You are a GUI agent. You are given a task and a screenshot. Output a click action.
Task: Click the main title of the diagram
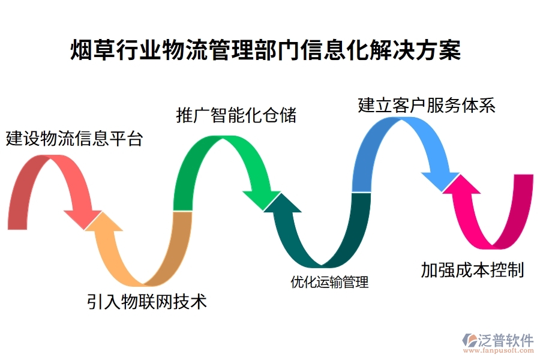pos(266,50)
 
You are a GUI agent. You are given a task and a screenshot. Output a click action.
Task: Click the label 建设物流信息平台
pos(74,139)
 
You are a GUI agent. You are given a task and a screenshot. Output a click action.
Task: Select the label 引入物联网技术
pos(147,301)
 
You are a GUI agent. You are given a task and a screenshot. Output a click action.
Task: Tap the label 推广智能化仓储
pos(236,115)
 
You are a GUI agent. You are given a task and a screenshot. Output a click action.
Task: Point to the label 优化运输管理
pos(329,281)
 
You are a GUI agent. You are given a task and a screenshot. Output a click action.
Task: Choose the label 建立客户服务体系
pos(426,106)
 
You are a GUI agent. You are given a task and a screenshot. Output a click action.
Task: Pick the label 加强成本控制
pos(472,270)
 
